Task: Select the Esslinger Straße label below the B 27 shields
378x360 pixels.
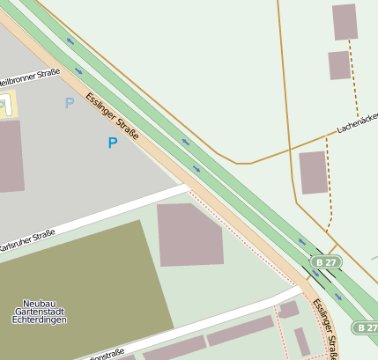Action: pos(326,328)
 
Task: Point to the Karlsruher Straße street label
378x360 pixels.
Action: pos(27,245)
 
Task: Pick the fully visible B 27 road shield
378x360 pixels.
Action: pos(326,262)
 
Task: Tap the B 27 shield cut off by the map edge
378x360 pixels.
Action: pos(366,327)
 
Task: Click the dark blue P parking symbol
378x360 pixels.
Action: pos(112,143)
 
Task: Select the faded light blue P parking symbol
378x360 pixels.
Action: pos(70,104)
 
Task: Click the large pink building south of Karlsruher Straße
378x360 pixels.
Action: pos(189,234)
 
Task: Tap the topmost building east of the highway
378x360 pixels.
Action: pos(345,22)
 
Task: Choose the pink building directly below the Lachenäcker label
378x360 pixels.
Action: pos(314,172)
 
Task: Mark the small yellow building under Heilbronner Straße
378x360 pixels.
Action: pos(9,105)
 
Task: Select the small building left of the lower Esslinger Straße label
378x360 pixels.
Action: pos(288,309)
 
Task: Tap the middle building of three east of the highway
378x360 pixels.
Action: pos(339,65)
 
